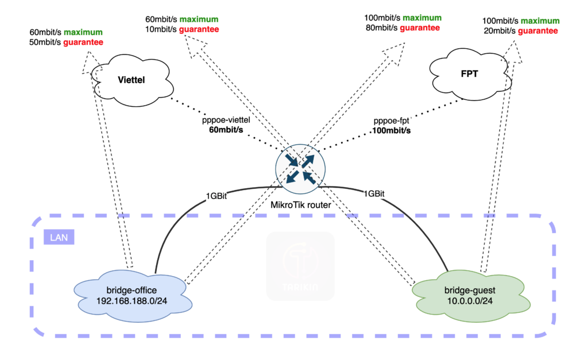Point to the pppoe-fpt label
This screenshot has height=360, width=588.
point(392,121)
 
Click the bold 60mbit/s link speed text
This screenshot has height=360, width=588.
point(226,131)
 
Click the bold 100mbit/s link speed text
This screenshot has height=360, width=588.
point(392,131)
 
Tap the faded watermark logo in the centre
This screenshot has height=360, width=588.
point(300,265)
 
